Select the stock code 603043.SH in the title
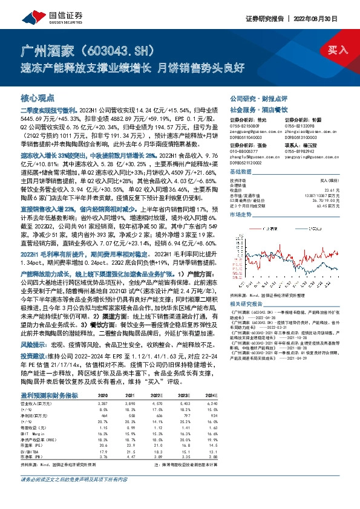click(x=113, y=48)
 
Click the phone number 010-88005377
click(x=244, y=150)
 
